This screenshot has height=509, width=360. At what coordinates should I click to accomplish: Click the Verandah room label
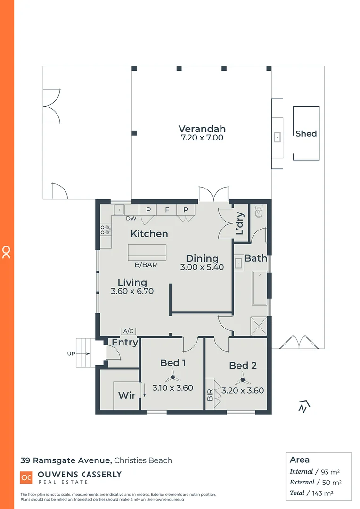click(202, 129)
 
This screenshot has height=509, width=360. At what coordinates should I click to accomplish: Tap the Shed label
click(306, 134)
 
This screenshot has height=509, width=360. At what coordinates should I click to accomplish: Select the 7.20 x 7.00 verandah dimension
click(202, 138)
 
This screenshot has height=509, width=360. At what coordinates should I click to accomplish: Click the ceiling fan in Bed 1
click(172, 377)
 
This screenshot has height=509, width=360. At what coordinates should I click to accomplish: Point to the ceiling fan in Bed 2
click(243, 378)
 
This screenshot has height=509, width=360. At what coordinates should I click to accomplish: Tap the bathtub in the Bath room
click(259, 288)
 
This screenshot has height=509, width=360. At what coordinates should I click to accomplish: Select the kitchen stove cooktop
click(105, 230)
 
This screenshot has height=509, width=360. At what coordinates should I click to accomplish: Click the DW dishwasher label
click(131, 218)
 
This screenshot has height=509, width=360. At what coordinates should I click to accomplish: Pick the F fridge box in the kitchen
click(167, 210)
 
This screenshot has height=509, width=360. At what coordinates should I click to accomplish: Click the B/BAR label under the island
click(146, 265)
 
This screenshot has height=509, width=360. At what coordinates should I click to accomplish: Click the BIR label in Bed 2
click(210, 394)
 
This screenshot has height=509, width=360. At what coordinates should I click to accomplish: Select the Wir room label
click(127, 395)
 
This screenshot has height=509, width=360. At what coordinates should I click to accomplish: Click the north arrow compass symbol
click(303, 405)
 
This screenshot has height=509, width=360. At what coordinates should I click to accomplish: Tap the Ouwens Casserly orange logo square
click(26, 477)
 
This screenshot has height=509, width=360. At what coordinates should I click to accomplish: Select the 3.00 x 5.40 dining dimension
click(202, 267)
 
